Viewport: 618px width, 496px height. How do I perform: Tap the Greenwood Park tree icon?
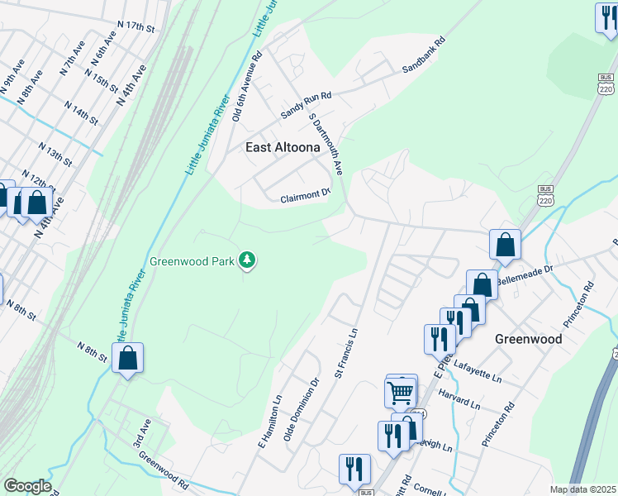click(246, 261)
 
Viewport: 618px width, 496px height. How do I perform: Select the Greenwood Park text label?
click(189, 261)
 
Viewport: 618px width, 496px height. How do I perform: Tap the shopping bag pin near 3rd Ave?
click(127, 359)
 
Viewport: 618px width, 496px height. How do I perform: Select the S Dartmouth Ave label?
click(326, 143)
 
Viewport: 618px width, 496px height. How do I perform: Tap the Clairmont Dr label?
click(305, 197)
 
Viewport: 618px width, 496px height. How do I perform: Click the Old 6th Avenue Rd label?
click(247, 88)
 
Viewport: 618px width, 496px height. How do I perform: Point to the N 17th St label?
click(136, 26)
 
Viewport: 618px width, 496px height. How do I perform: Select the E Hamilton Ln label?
click(270, 421)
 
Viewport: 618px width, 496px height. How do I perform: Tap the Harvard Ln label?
click(459, 398)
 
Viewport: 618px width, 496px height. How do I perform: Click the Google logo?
click(27, 486)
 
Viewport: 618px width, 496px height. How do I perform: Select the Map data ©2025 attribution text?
click(582, 489)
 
